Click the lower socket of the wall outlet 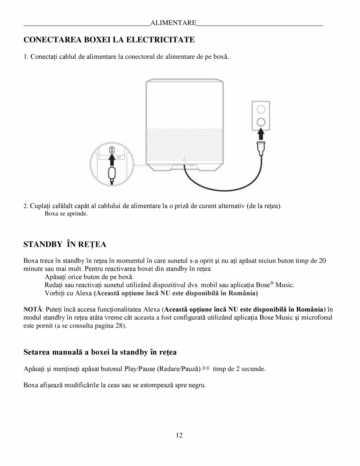[261, 121]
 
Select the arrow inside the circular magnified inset [112, 160]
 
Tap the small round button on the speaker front [185, 159]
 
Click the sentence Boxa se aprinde [66, 214]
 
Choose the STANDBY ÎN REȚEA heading [65, 244]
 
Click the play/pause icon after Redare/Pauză [206, 368]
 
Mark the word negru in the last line [196, 385]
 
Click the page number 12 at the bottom [179, 435]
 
